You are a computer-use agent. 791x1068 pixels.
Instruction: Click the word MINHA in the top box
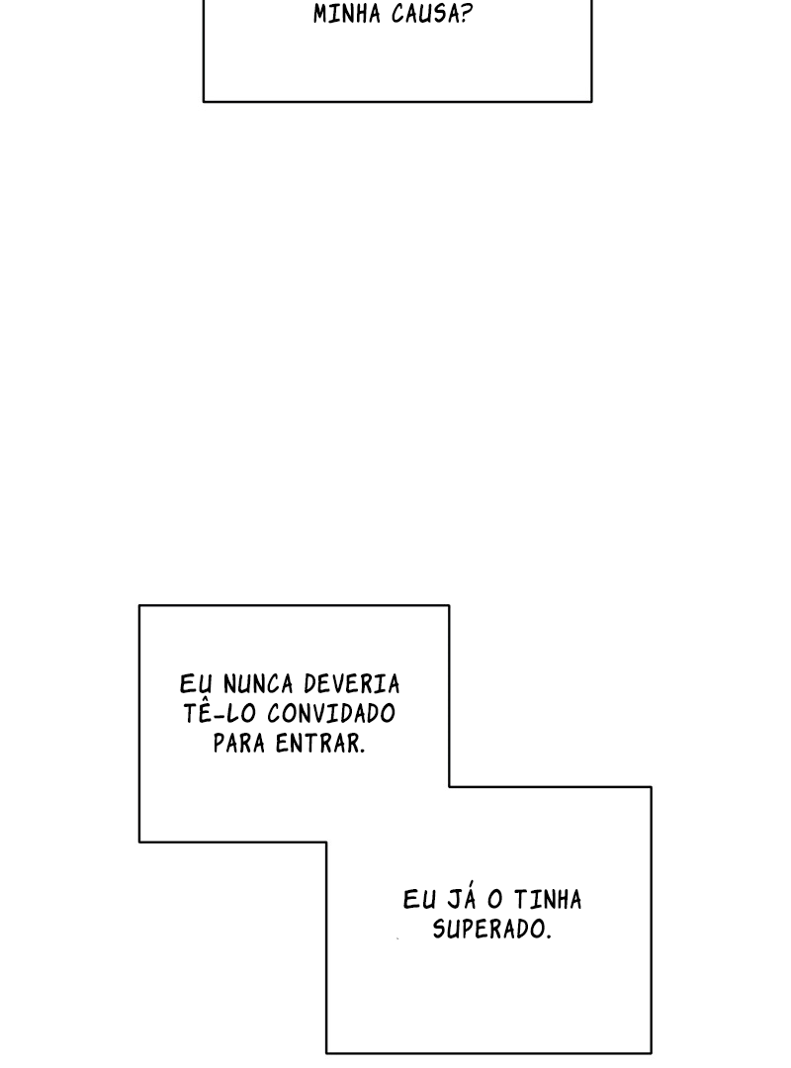[347, 14]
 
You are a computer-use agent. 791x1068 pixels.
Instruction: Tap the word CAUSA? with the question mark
[432, 14]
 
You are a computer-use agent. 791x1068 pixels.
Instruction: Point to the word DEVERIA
[352, 684]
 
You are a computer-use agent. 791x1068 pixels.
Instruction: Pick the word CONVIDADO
[331, 713]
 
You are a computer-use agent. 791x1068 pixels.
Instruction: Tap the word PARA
[239, 743]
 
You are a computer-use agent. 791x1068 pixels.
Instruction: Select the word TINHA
[548, 900]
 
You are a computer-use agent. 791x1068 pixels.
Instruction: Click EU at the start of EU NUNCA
[196, 684]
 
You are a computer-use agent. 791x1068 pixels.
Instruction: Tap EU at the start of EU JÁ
[419, 900]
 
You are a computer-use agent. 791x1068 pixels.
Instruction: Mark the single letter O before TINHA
[495, 900]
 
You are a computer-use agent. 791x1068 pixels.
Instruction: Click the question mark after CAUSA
[466, 14]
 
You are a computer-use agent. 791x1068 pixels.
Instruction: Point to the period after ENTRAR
[363, 751]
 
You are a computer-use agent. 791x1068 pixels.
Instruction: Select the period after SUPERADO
[548, 936]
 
